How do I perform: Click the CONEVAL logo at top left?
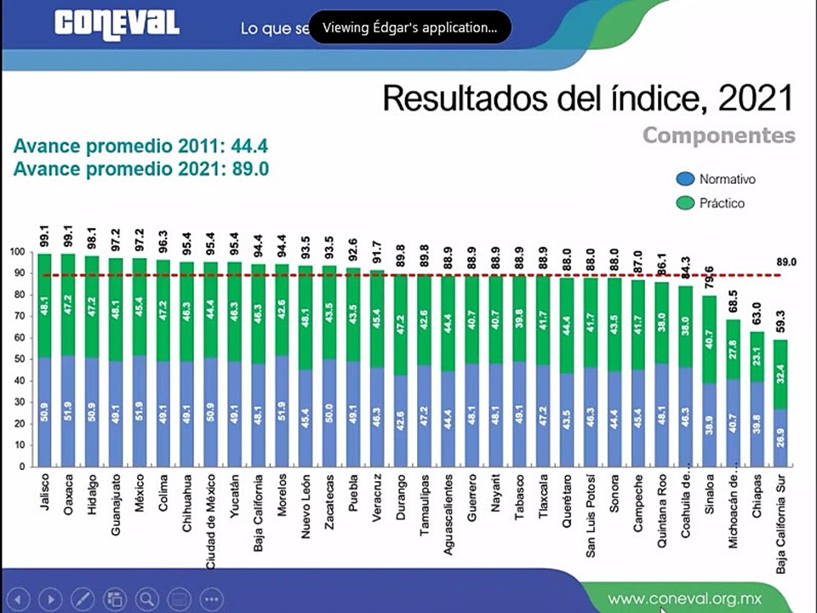(x=117, y=23)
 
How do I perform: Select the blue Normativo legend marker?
(x=685, y=180)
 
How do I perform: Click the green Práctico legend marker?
(x=685, y=203)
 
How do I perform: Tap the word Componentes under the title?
(x=718, y=135)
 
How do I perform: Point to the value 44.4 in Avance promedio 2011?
(x=250, y=146)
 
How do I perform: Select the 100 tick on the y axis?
(x=17, y=252)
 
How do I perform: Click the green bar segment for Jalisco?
(x=44, y=305)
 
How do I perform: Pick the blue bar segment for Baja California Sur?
(x=780, y=438)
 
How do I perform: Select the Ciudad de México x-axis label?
(x=210, y=520)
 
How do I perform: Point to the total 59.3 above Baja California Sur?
(x=780, y=323)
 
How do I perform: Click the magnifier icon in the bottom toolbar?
(x=147, y=599)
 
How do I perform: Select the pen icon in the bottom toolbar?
(x=83, y=599)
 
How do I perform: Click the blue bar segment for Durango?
(x=401, y=421)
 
